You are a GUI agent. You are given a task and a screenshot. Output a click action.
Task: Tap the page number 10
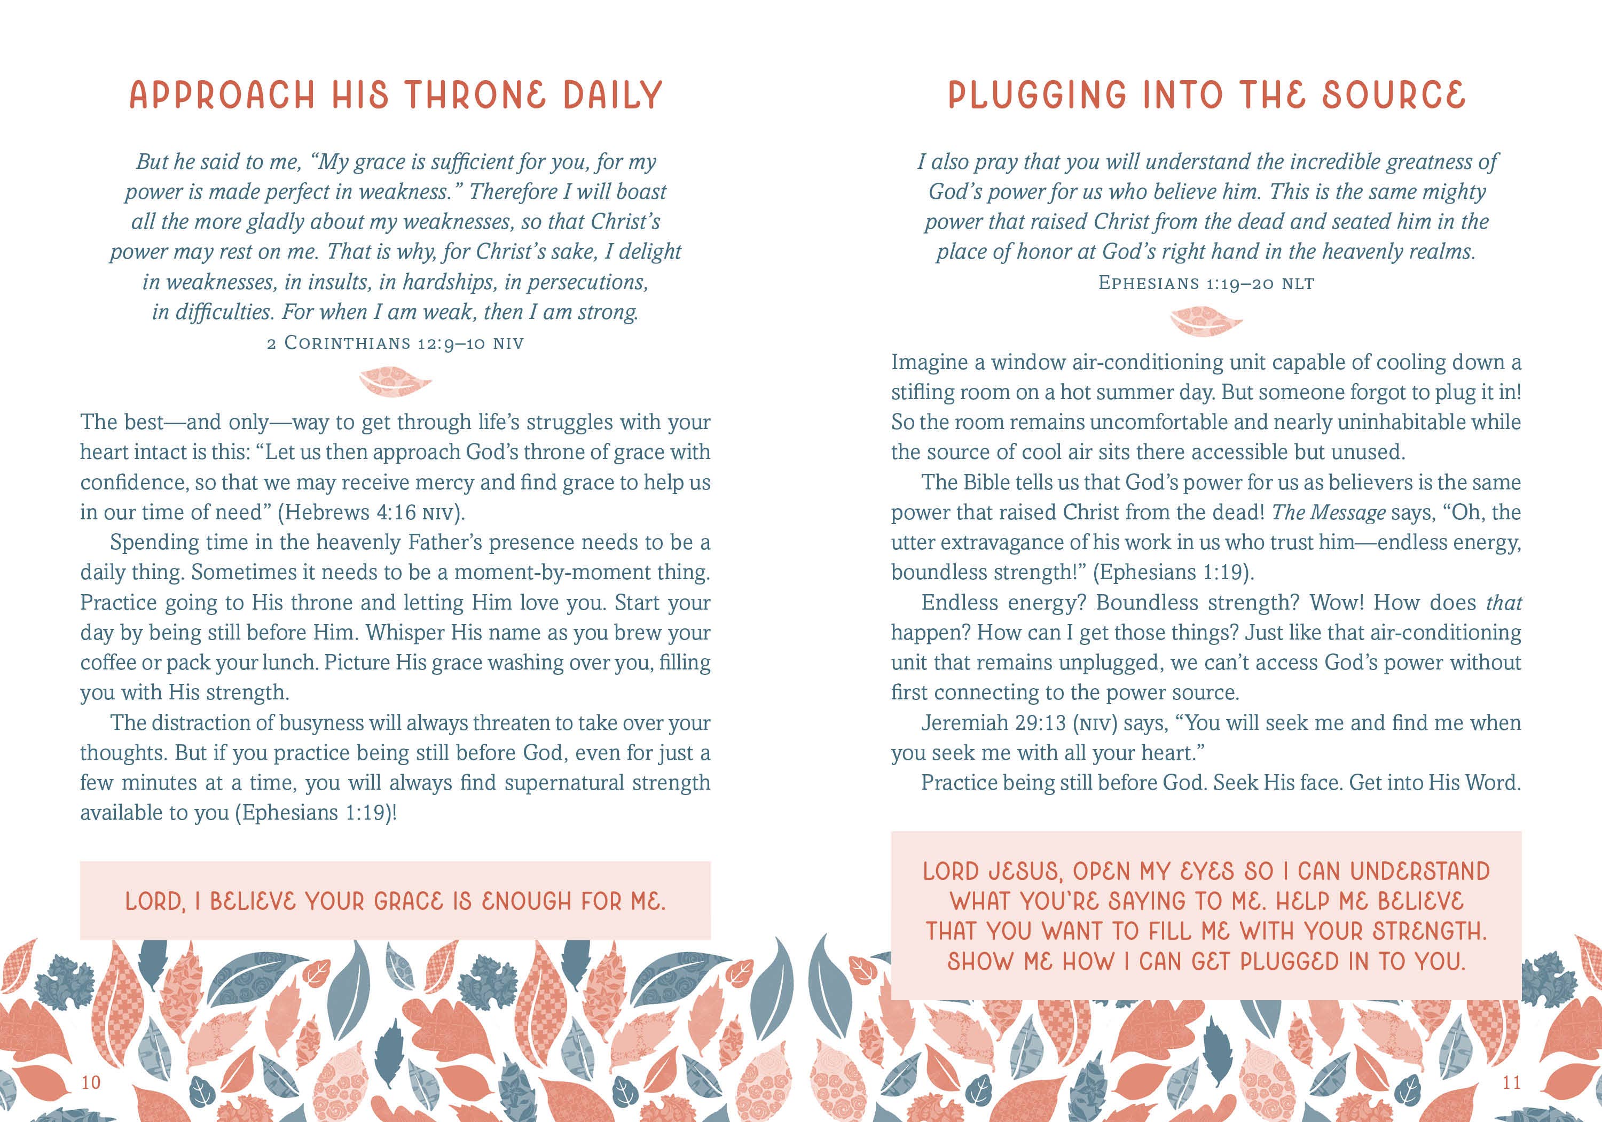[x=91, y=1082]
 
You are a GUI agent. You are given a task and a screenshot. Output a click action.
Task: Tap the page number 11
[x=1511, y=1082]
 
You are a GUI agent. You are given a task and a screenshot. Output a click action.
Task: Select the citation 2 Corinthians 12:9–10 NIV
[x=395, y=344]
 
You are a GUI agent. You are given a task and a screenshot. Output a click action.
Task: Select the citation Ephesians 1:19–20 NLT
[x=1206, y=284]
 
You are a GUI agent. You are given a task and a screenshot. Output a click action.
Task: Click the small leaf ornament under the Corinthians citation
[x=395, y=382]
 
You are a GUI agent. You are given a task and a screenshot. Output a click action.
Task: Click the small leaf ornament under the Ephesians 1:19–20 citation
[x=1206, y=322]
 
